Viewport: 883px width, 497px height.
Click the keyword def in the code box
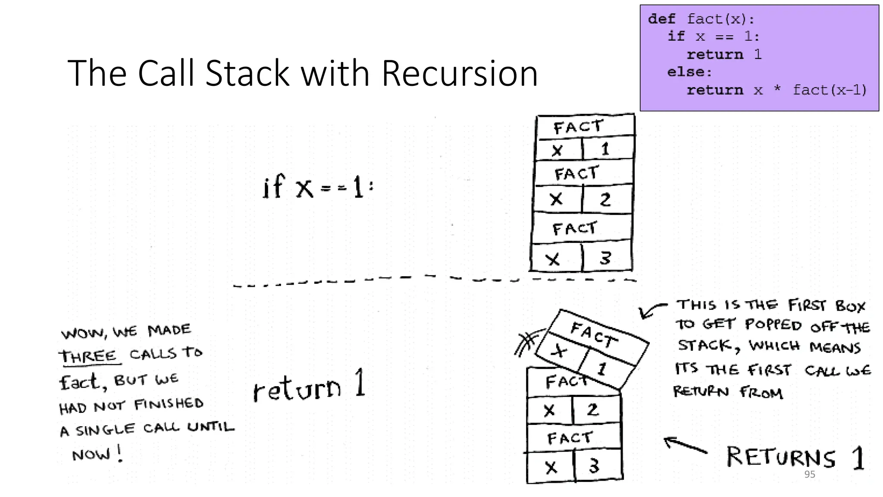[661, 19]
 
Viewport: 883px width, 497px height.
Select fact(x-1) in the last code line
[830, 90]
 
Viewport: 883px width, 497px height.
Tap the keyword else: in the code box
[689, 72]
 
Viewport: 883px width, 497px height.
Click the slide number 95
[810, 474]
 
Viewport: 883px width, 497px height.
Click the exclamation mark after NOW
[120, 453]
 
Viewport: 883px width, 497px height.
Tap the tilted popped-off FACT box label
[593, 334]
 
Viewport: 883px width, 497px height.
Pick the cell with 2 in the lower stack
[593, 409]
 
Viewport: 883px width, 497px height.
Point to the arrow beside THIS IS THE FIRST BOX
[651, 310]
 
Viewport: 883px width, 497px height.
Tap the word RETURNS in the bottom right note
[781, 457]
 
